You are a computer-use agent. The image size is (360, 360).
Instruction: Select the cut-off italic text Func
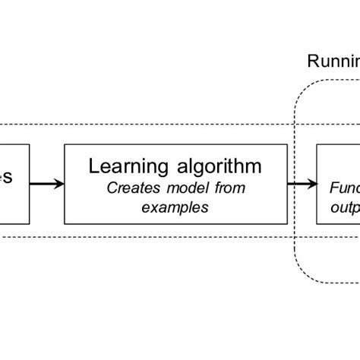point(344,186)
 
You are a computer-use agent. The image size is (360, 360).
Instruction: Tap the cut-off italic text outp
point(344,204)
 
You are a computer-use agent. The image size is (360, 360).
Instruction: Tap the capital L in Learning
point(94,166)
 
